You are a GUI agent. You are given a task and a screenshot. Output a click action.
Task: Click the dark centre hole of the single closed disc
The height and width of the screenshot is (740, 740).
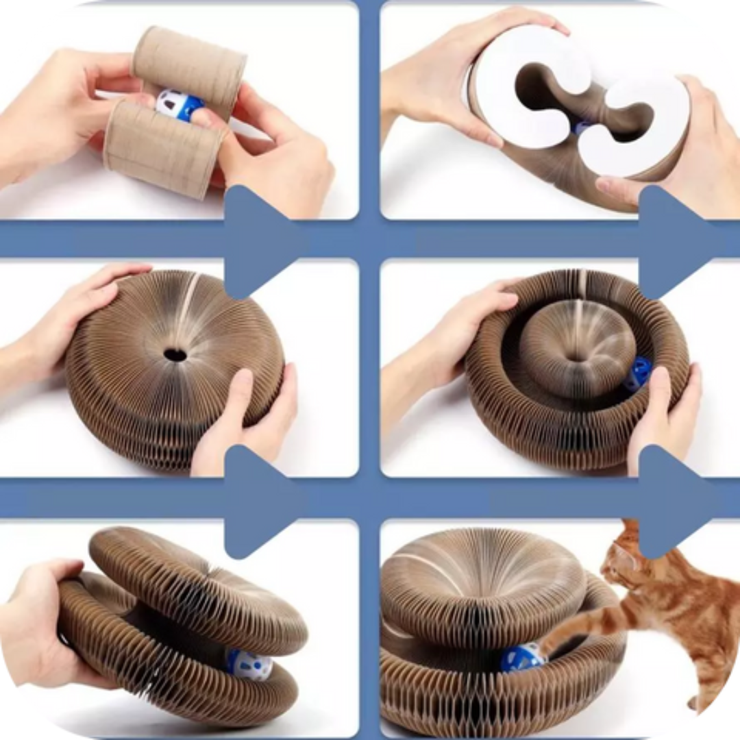click(x=175, y=354)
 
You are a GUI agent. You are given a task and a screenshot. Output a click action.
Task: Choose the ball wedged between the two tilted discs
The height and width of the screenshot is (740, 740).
click(x=249, y=664)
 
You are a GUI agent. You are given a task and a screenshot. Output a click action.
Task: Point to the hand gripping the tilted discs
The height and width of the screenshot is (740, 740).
click(x=34, y=617)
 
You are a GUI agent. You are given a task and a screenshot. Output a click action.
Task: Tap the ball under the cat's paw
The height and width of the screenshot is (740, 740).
click(x=523, y=658)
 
